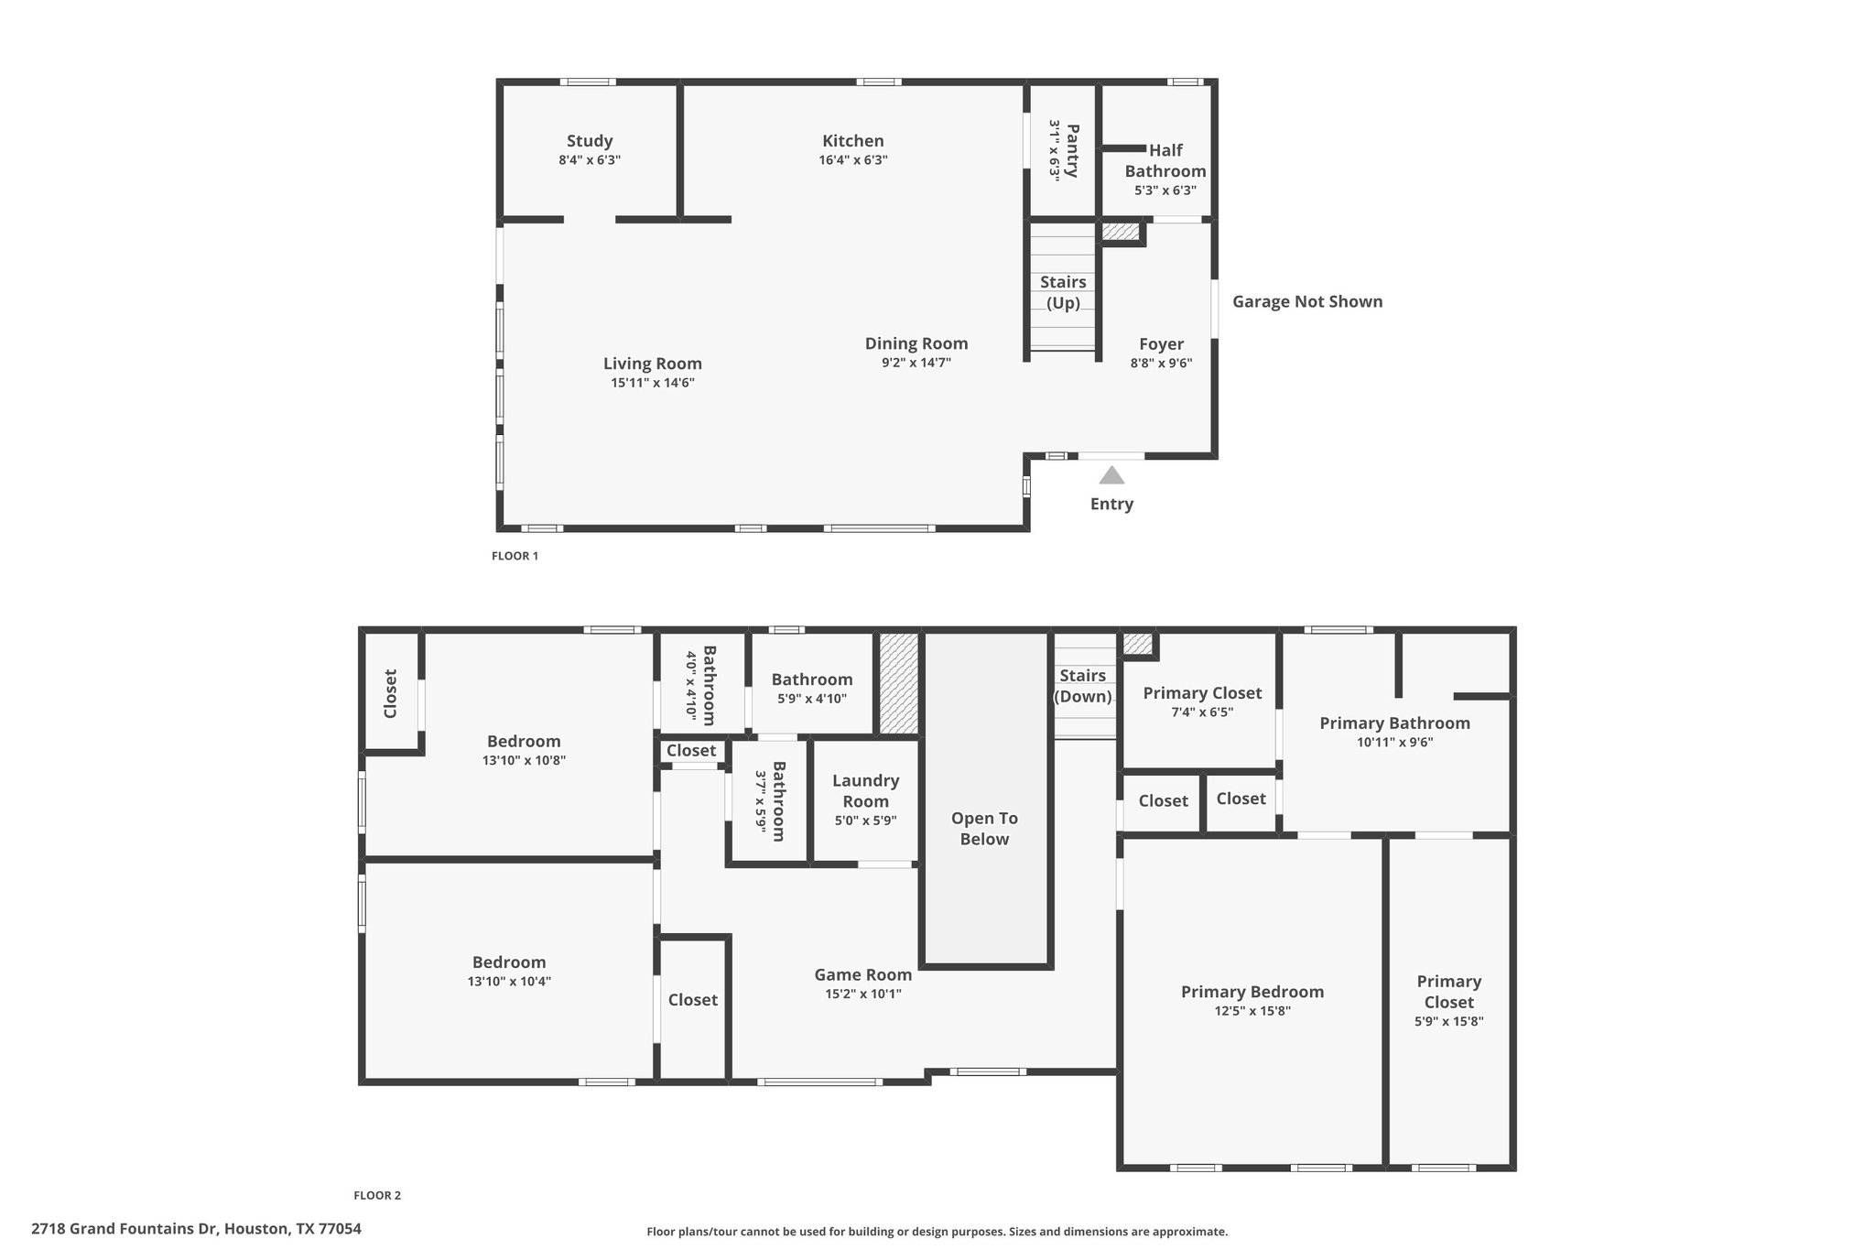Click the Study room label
tap(590, 141)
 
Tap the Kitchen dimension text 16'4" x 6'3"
tap(853, 160)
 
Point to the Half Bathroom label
tap(1165, 160)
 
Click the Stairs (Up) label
tap(1063, 292)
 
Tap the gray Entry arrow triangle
tap(1111, 474)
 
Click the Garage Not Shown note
tap(1307, 301)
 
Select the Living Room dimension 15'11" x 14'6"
tap(653, 383)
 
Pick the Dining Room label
tap(916, 343)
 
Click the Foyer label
tap(1161, 344)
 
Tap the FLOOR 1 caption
tap(515, 556)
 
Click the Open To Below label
tap(984, 829)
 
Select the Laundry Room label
tap(865, 790)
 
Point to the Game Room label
tap(863, 975)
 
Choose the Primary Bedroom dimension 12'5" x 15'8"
tap(1252, 1011)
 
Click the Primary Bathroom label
tap(1394, 723)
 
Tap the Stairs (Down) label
tap(1083, 686)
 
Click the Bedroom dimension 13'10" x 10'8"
tap(524, 760)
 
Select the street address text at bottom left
tap(196, 1229)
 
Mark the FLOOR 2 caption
tap(377, 1195)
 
